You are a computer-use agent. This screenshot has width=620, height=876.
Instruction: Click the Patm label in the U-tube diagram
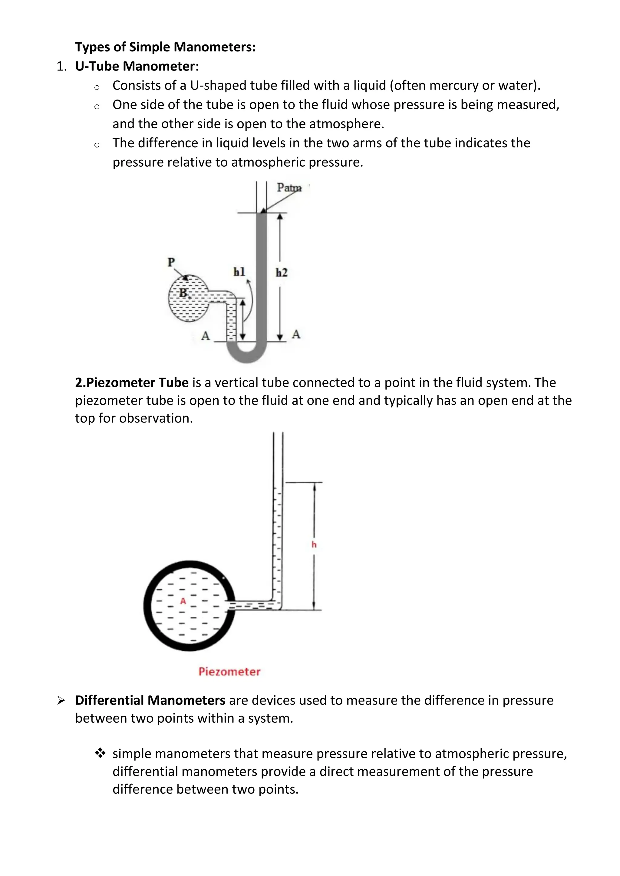[x=289, y=188]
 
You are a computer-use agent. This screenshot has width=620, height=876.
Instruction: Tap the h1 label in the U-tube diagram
[x=239, y=272]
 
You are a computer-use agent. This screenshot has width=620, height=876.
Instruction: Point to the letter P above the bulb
[x=171, y=262]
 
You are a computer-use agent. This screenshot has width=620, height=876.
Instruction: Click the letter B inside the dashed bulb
[x=184, y=293]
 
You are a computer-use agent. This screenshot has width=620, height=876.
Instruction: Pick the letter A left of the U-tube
[x=205, y=336]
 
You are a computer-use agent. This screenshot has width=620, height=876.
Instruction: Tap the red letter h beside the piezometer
[x=314, y=545]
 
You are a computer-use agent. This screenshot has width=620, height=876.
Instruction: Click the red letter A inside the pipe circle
[x=183, y=601]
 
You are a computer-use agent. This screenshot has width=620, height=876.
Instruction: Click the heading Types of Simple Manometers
[x=165, y=47]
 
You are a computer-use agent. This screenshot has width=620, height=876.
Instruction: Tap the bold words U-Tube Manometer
[x=135, y=66]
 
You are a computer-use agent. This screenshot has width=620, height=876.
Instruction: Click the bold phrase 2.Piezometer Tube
[x=132, y=382]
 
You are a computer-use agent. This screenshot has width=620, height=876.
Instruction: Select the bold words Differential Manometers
[x=150, y=701]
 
